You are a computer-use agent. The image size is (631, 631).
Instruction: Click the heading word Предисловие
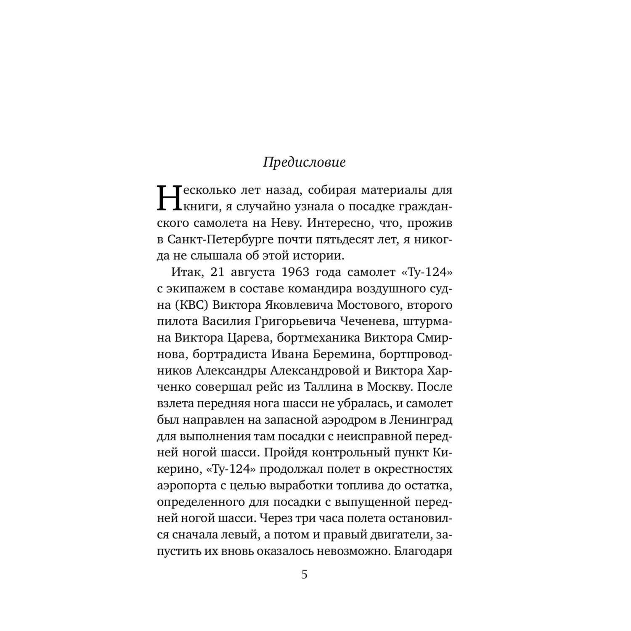point(304,163)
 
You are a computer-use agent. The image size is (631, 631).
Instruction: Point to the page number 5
point(305,575)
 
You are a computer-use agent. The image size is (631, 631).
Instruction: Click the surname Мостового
point(374,305)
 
